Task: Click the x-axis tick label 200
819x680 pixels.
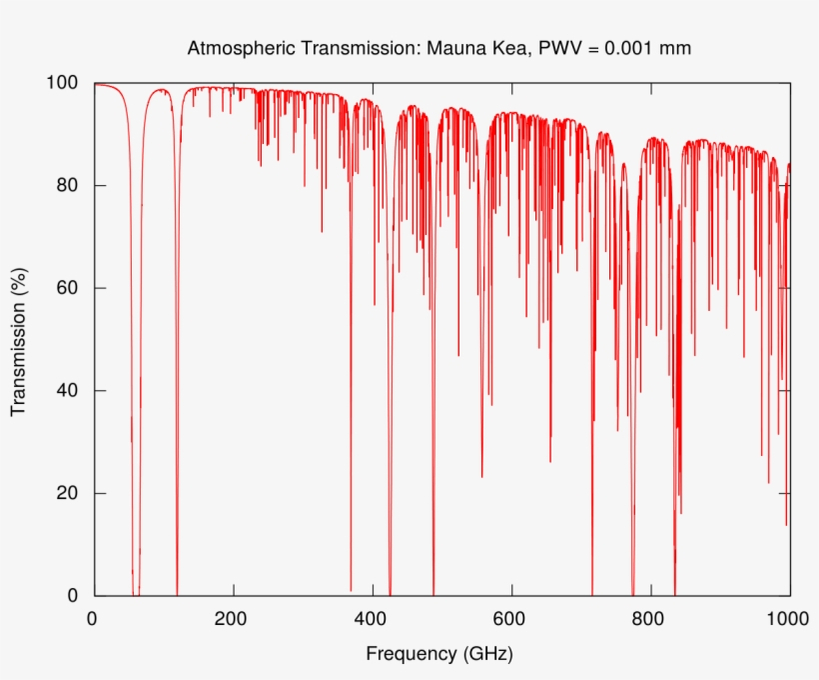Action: pos(233,619)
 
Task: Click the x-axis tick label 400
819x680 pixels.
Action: pos(372,619)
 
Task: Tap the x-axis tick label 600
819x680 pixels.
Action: pos(511,619)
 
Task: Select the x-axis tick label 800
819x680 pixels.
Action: pos(650,619)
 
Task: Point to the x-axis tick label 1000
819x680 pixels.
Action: pos(786,619)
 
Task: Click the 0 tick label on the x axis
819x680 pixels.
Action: pos(93,619)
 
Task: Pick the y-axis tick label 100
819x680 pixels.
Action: pos(64,83)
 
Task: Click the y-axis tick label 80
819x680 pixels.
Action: pos(69,186)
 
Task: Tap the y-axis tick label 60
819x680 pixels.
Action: pos(69,288)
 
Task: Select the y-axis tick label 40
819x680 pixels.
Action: pos(69,391)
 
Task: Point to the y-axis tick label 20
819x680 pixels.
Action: pos(69,494)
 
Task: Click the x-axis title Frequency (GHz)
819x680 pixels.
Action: pos(439,655)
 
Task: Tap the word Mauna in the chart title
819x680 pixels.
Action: pos(455,48)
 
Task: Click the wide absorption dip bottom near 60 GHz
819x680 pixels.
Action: pos(135,590)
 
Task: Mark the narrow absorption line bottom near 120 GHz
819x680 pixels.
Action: pos(177,590)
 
